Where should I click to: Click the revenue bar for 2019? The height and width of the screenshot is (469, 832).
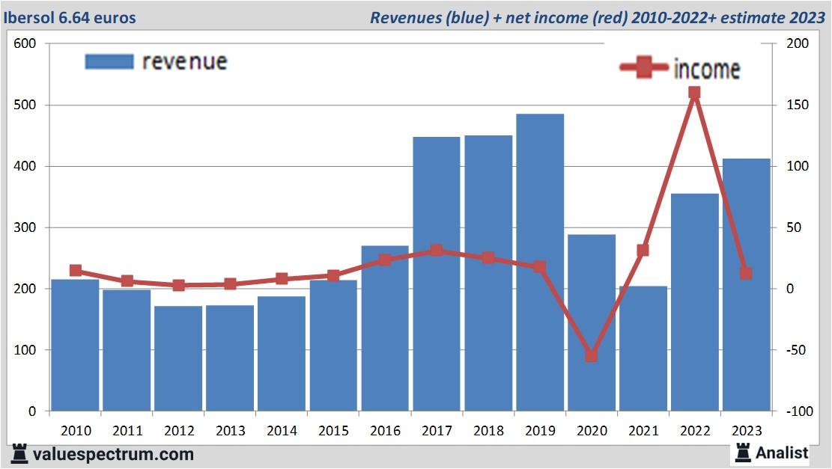click(540, 262)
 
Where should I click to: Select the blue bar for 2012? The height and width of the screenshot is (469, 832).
click(178, 358)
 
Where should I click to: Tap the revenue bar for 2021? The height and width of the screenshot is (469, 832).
click(643, 349)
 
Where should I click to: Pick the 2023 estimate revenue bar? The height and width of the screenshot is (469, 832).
click(746, 284)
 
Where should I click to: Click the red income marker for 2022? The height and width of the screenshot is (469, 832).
click(694, 93)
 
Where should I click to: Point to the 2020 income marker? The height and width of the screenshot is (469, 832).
click(592, 355)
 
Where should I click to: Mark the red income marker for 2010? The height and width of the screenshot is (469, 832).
click(76, 271)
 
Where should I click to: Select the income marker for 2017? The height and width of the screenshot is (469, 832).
click(437, 251)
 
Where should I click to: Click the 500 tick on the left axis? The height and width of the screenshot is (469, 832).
click(26, 105)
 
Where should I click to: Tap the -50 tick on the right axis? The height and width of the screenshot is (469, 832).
click(797, 350)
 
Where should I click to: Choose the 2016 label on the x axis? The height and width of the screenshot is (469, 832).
click(385, 431)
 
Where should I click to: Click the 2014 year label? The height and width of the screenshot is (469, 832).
click(282, 431)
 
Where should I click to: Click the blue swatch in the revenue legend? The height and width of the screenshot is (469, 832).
click(109, 61)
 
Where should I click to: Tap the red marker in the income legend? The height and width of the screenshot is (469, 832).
click(645, 68)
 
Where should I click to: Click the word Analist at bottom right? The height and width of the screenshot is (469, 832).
click(782, 453)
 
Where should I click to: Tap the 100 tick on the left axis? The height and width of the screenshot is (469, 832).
click(26, 350)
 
